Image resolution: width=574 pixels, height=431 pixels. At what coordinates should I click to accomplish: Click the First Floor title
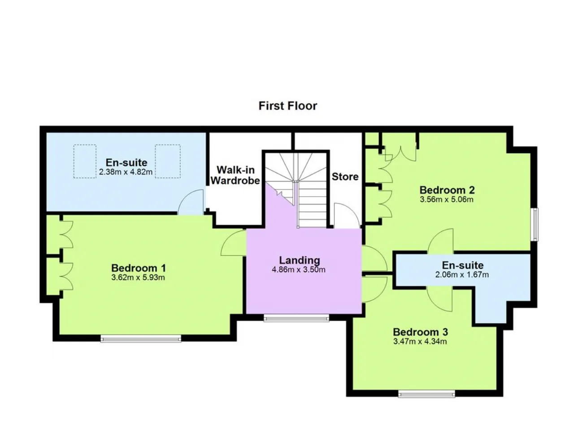[x=287, y=106]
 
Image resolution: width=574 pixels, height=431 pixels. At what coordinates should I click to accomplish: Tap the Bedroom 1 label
[x=139, y=268]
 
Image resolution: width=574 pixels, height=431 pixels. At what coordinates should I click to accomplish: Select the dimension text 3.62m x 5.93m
[x=138, y=277]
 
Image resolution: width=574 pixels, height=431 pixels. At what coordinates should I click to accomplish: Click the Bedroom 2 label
[x=447, y=190]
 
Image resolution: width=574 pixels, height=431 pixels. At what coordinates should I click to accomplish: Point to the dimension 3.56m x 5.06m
[x=447, y=199]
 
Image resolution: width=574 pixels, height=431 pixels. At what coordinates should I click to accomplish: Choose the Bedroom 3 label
[x=421, y=332]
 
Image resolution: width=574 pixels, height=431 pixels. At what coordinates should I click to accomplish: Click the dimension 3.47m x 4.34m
[x=420, y=342]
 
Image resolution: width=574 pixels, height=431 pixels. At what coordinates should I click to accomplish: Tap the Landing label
[x=300, y=261]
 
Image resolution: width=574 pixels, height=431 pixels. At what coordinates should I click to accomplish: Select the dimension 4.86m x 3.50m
[x=299, y=269]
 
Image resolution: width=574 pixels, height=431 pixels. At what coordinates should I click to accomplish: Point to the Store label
[x=345, y=176]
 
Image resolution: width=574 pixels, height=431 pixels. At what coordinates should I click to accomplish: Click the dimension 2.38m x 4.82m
[x=126, y=172]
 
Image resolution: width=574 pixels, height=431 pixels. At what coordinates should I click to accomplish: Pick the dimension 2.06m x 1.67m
[x=462, y=274]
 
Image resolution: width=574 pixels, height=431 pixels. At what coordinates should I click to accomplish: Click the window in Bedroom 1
[x=141, y=339]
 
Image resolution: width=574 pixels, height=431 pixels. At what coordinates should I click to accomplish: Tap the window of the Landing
[x=296, y=318]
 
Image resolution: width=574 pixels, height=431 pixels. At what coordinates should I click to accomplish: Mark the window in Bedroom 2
[x=535, y=224]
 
